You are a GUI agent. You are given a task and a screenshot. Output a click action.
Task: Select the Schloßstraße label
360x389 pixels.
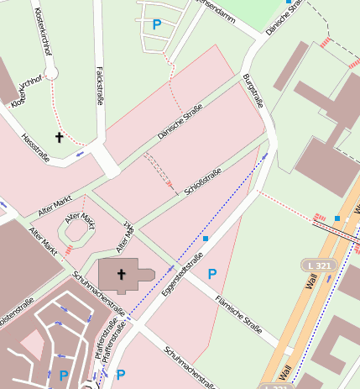coord(202,181)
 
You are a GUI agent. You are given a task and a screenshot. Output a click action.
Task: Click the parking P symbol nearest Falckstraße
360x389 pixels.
coord(156,24)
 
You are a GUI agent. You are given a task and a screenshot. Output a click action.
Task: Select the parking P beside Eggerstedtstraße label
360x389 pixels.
coord(212,273)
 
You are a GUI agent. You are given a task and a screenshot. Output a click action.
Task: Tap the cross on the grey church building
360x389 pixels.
coord(122,274)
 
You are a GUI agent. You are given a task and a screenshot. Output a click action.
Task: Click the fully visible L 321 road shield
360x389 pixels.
coord(318,265)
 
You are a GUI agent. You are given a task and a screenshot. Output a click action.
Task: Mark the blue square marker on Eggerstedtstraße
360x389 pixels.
coord(206,239)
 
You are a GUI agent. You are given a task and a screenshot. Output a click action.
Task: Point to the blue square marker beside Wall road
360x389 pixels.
coord(337,218)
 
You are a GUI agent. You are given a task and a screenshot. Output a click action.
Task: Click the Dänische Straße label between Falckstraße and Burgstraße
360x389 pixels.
coord(180,122)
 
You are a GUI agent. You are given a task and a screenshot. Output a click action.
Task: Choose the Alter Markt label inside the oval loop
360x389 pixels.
coord(81,220)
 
